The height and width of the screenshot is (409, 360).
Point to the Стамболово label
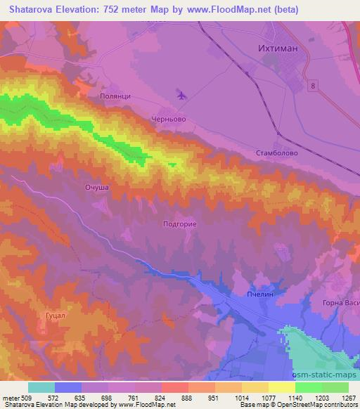point(278,152)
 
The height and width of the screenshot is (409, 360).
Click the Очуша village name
point(96,188)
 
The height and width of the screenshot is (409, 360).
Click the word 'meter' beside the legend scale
point(11,398)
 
